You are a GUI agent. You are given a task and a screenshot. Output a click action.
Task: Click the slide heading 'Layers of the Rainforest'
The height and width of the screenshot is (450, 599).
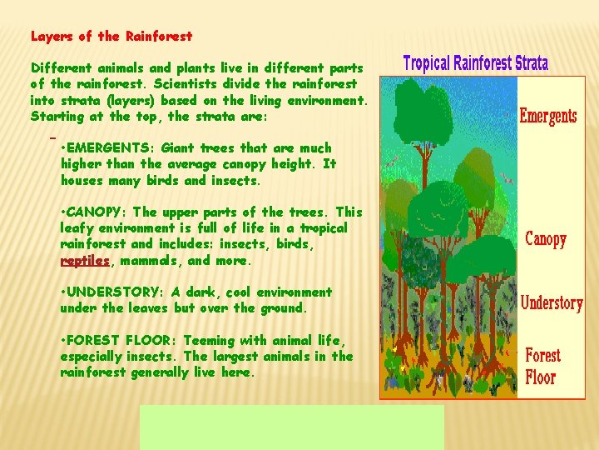point(111,36)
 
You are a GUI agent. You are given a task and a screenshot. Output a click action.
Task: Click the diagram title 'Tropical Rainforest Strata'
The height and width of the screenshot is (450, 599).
point(475,63)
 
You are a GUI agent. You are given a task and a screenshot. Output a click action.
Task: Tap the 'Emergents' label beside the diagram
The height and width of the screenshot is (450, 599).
point(547,115)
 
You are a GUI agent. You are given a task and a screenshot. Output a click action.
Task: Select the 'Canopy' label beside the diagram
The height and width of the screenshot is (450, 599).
point(546,239)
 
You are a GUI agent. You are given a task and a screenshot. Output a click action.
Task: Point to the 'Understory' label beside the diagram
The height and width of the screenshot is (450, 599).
point(551,302)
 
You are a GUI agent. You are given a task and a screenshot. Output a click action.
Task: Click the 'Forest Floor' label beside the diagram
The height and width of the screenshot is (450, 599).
point(542,366)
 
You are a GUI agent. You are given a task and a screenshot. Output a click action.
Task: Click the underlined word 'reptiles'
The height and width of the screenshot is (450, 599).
point(85,260)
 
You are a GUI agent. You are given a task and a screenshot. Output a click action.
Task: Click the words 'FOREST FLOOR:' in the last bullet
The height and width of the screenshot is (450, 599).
point(116,340)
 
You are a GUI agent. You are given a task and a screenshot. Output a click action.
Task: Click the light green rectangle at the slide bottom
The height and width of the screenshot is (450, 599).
point(291,427)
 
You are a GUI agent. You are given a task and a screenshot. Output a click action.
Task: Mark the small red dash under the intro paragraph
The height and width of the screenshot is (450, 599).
point(52,134)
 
